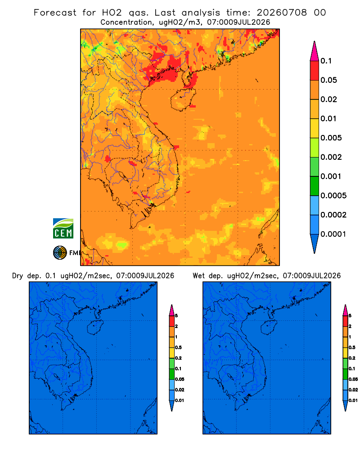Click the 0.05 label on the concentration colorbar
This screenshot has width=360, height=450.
point(328,80)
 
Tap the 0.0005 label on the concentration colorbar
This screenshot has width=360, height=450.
point(333,196)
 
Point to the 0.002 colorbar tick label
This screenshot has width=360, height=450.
point(331,157)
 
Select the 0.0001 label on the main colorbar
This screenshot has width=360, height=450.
point(333,234)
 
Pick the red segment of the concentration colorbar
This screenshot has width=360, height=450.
point(315,71)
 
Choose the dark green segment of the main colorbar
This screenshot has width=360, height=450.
point(315,186)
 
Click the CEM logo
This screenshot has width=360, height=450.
point(63,229)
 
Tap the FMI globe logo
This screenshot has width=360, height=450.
point(60,253)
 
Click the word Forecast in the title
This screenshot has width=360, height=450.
point(55,13)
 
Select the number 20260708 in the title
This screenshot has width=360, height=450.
point(282,13)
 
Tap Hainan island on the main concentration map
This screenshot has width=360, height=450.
point(183,99)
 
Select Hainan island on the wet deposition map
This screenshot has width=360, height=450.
point(269,328)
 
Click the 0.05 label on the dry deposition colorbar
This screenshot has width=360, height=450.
point(180,379)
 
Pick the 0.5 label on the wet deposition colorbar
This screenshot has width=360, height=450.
point(352,347)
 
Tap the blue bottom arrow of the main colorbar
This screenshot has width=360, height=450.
point(315,243)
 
